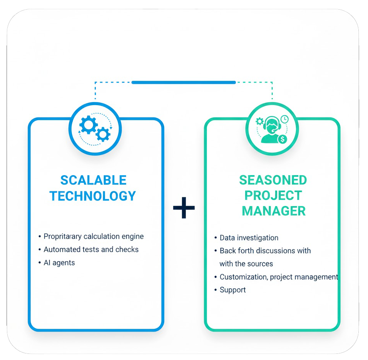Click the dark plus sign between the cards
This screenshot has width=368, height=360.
point(184,208)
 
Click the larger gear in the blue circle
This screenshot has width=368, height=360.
point(88,124)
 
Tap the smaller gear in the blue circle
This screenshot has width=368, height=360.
point(103,134)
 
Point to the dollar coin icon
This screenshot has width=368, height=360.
point(283,139)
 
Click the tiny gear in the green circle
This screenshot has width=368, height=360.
point(260,121)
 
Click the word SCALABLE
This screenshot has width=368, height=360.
point(93,180)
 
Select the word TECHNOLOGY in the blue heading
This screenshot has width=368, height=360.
point(93,196)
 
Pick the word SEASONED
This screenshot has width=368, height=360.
point(273,180)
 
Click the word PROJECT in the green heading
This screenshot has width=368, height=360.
point(273,196)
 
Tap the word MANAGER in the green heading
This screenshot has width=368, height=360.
point(274,211)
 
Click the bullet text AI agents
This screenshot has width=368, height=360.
point(59,263)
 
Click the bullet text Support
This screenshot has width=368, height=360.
point(233,290)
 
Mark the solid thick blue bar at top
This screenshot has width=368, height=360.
point(184,82)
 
